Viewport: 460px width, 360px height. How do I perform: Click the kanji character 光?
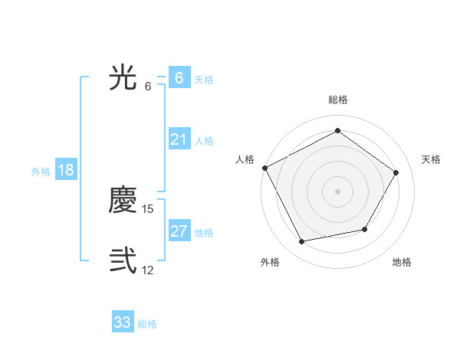point(123,77)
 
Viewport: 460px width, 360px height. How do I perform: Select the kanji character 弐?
point(123,260)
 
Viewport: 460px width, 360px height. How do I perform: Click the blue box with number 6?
point(179,77)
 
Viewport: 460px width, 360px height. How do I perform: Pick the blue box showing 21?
point(179,139)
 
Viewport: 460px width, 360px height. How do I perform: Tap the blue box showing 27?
point(179,231)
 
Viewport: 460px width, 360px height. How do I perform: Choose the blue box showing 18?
point(66,170)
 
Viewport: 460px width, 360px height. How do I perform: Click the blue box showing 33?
point(123,322)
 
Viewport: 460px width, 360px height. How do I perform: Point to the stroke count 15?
point(148,209)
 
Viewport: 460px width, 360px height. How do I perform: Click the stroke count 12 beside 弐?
point(148,270)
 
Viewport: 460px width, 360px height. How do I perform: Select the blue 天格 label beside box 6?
point(204,80)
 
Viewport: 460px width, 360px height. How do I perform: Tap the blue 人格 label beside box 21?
point(204,141)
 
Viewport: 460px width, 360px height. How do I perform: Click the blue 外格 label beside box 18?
point(41,172)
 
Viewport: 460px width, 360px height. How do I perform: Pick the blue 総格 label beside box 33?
point(147,324)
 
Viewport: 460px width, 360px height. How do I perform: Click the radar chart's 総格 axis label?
point(338,100)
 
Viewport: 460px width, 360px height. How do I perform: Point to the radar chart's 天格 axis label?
point(431,159)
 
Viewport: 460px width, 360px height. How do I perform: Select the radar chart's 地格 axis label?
point(402,262)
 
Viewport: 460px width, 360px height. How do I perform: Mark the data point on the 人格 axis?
point(264,168)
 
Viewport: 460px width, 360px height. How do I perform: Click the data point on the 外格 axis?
point(302,241)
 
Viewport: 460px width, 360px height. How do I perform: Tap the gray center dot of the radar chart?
point(338,191)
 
